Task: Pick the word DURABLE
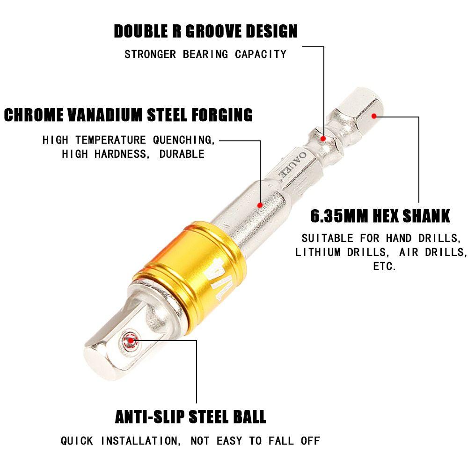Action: point(182,154)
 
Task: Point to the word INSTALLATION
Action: point(139,440)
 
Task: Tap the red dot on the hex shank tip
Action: point(373,116)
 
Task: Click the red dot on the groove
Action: point(323,138)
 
